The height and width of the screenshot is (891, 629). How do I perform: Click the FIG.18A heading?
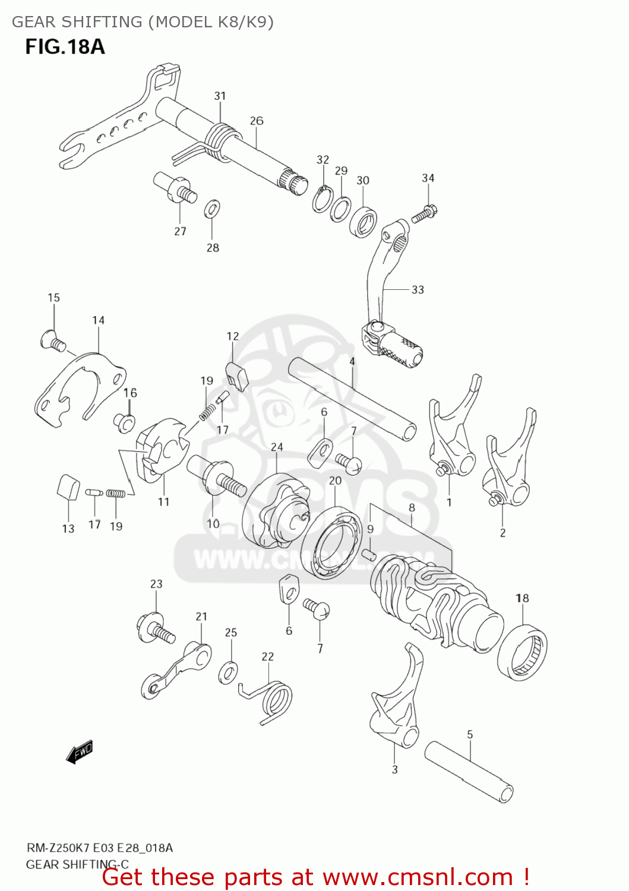[x=65, y=47]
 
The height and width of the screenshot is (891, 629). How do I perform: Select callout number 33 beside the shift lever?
[x=418, y=290]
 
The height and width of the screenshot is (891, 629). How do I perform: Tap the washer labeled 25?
[x=228, y=671]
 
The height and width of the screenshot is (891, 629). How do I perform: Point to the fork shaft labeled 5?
[x=469, y=771]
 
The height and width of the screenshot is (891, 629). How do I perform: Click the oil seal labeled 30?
[x=363, y=221]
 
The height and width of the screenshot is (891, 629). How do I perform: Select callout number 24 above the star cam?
[x=277, y=447]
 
